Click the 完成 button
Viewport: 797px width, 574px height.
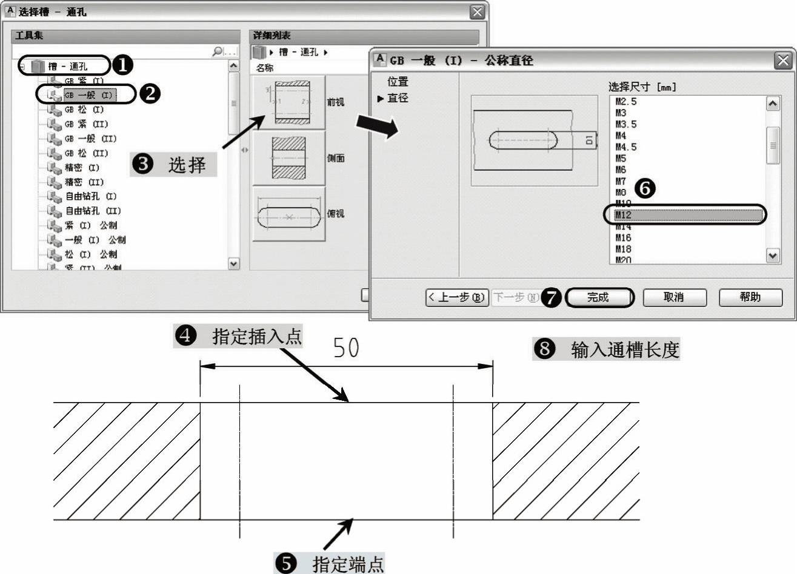tap(598, 297)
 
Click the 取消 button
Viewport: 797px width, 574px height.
tap(674, 297)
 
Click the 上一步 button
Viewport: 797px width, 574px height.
tap(457, 297)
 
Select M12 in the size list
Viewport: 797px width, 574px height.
tap(685, 215)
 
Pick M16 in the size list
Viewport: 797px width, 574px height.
tap(624, 238)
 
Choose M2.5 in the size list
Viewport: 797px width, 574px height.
tap(626, 102)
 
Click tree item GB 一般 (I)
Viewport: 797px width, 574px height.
tap(88, 95)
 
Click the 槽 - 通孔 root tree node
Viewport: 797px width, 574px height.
tap(68, 66)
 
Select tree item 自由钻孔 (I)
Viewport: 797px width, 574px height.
tap(91, 197)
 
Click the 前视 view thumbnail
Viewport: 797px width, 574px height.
tap(289, 102)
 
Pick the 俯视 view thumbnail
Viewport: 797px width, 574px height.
tap(289, 214)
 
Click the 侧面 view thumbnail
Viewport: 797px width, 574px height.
tap(289, 158)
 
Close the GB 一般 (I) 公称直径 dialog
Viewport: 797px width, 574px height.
tap(783, 61)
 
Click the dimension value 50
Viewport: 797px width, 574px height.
tap(346, 348)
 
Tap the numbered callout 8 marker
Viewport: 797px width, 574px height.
tap(544, 349)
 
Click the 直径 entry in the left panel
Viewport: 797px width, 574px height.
tap(398, 98)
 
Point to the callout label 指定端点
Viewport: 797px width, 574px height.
tap(348, 564)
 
